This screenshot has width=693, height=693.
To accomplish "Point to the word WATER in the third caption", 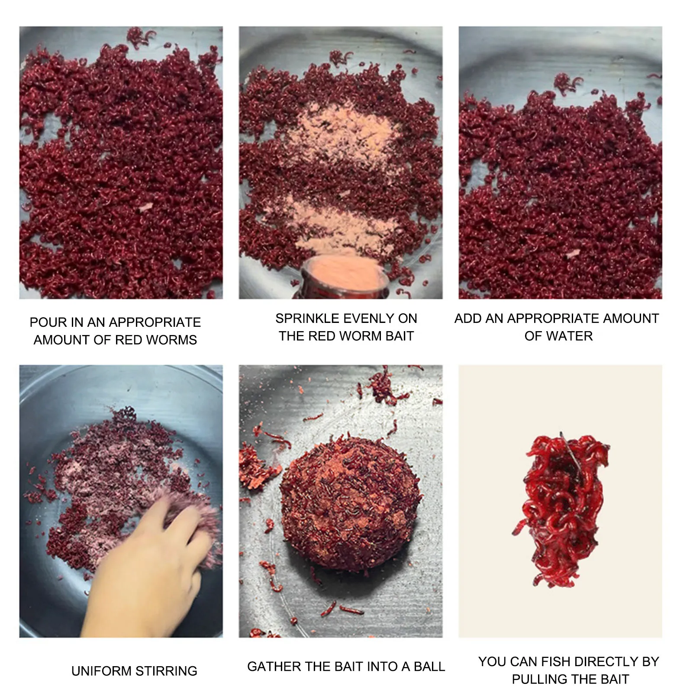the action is point(571,336).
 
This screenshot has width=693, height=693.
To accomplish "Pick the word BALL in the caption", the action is point(429,667).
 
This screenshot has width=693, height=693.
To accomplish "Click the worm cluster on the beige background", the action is point(561,509).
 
